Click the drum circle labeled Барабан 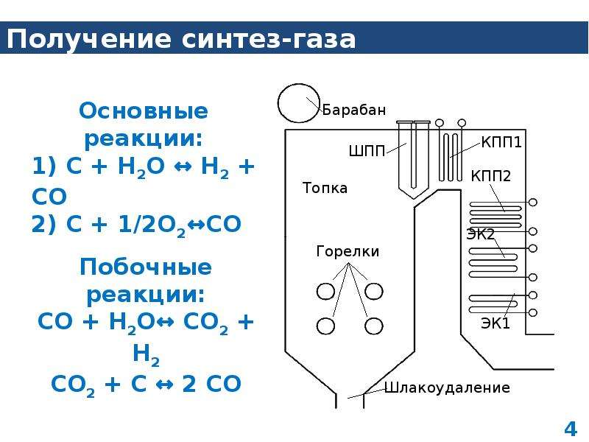pos(278,103)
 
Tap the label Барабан pos(354,110)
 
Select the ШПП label pos(367,151)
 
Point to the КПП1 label pos(501,142)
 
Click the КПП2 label pos(491,176)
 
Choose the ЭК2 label pos(481,234)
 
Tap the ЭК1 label pos(495,323)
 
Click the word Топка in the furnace pos(325,188)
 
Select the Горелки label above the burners pos(348,251)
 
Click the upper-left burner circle pos(317,291)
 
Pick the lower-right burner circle pos(365,326)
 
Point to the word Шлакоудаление pos(447,387)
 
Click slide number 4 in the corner pos(570,429)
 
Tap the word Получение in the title pos(89,39)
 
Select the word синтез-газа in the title pos(268,39)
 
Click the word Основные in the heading pos(143,111)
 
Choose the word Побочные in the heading pos(145,267)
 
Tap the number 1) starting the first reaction pos(44,166)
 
